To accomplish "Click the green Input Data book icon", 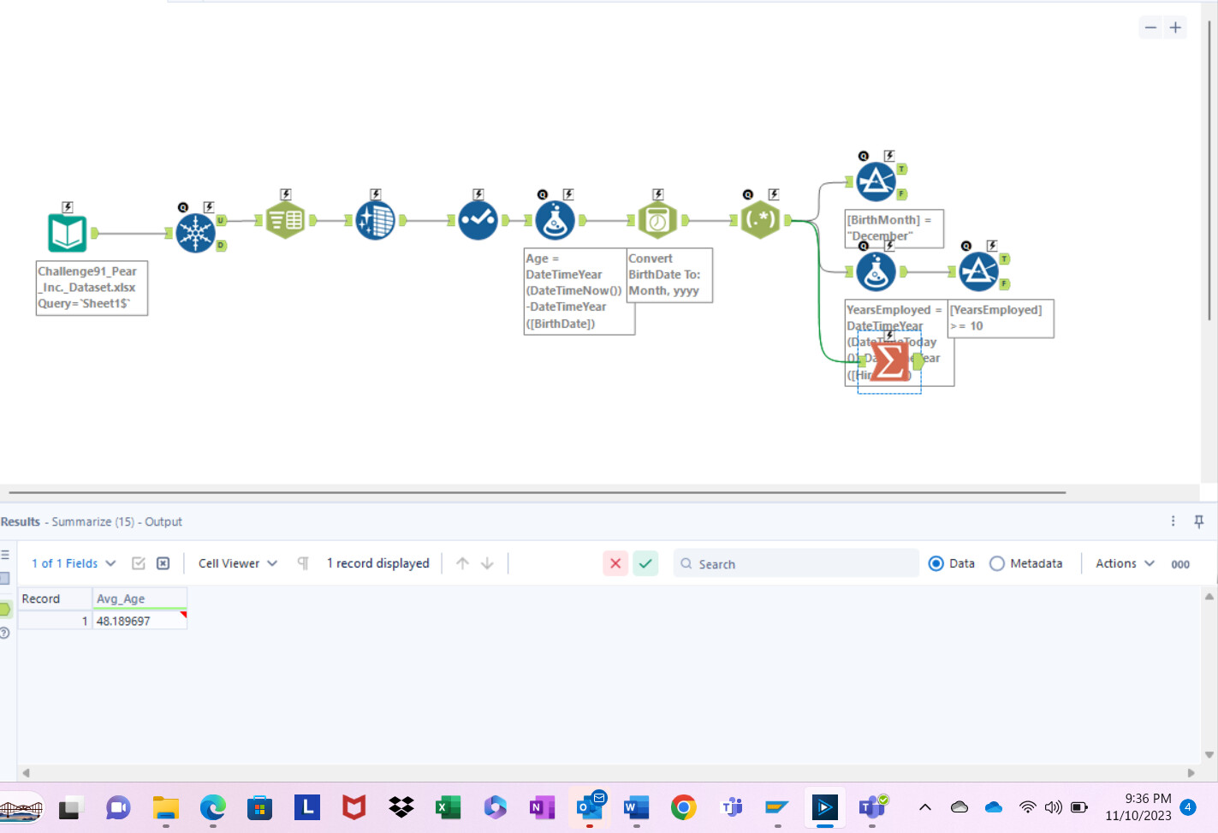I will (x=67, y=233).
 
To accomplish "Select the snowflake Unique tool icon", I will (x=196, y=233).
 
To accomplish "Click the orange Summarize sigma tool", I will (x=890, y=361).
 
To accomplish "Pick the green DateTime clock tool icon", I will (x=657, y=221).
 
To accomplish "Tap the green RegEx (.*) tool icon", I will (x=760, y=220).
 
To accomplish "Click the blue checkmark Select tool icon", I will (x=478, y=221).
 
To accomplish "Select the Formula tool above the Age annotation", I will (x=555, y=221).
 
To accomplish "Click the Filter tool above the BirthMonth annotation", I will (x=876, y=181).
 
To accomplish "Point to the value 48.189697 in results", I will (x=123, y=621).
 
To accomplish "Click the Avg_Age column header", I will (x=121, y=598).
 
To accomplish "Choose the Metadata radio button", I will (x=997, y=563).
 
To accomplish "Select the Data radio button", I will (x=936, y=563).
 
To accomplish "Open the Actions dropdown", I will (x=1125, y=563).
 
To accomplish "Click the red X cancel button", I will (x=615, y=563).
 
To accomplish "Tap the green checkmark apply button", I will (x=645, y=563).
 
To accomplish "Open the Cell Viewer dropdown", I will (x=237, y=563).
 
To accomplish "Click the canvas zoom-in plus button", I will (x=1176, y=27).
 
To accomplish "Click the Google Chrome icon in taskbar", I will (x=683, y=807).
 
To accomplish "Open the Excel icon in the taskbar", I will (x=447, y=807).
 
